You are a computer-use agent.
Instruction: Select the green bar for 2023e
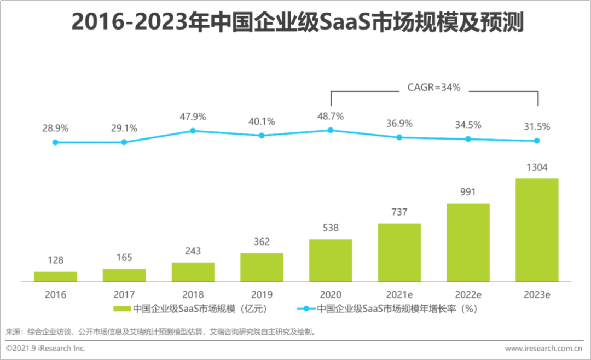pyautogui.click(x=537, y=230)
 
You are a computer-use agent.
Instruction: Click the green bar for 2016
pyautogui.click(x=55, y=276)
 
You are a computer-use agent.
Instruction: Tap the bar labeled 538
pyautogui.click(x=331, y=260)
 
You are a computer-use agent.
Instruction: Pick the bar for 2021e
pyautogui.click(x=399, y=252)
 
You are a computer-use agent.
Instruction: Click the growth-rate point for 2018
pyautogui.click(x=193, y=131)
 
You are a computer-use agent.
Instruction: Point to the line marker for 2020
pyautogui.click(x=331, y=130)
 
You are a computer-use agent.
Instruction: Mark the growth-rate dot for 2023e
pyautogui.click(x=537, y=141)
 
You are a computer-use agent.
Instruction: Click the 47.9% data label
pyautogui.click(x=193, y=117)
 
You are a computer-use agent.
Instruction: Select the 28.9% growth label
pyautogui.click(x=55, y=128)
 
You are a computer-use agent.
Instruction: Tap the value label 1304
pyautogui.click(x=537, y=167)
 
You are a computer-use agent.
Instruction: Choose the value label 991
pyautogui.click(x=468, y=192)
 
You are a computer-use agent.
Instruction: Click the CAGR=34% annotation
pyautogui.click(x=434, y=87)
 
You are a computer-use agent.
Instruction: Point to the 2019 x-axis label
pyautogui.click(x=262, y=294)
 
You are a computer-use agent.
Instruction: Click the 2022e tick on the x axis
pyautogui.click(x=468, y=294)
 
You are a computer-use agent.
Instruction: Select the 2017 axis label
pyautogui.click(x=124, y=294)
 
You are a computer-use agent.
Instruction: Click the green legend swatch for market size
pyautogui.click(x=121, y=309)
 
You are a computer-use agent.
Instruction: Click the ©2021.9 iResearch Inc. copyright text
pyautogui.click(x=46, y=348)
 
